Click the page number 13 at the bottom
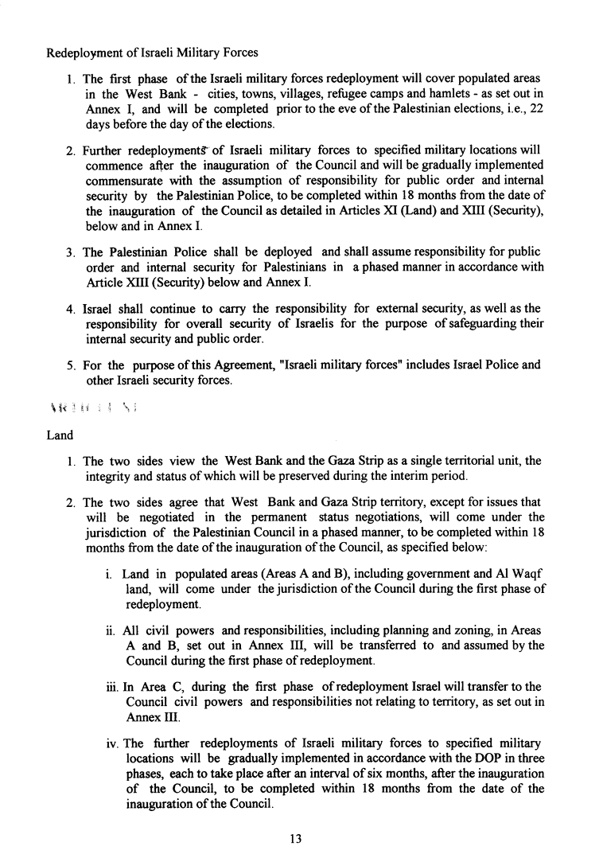[x=296, y=837]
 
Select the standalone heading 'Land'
[x=60, y=435]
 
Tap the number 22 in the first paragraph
[x=535, y=109]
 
